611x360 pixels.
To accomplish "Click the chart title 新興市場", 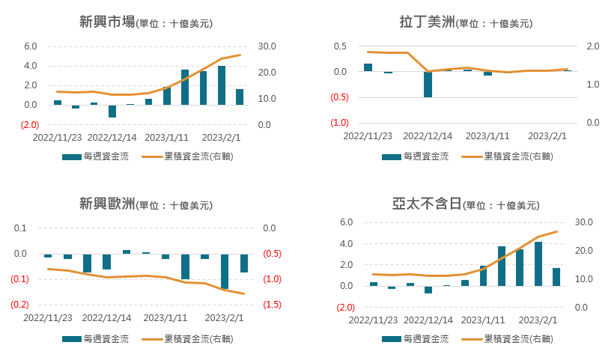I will [x=107, y=22].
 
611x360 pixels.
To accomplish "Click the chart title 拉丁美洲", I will [x=427, y=22].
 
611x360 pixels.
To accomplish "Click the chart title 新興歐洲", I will [x=107, y=204].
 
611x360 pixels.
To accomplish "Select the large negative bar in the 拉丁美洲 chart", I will [x=428, y=85].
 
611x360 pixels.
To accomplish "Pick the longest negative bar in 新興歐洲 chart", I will [x=225, y=271].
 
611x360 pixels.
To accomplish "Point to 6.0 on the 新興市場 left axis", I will [x=30, y=46].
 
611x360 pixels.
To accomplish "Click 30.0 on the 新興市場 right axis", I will [x=267, y=46].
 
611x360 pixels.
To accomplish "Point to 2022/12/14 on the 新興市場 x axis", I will [x=112, y=138].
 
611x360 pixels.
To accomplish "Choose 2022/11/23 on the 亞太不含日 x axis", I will [x=368, y=320].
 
